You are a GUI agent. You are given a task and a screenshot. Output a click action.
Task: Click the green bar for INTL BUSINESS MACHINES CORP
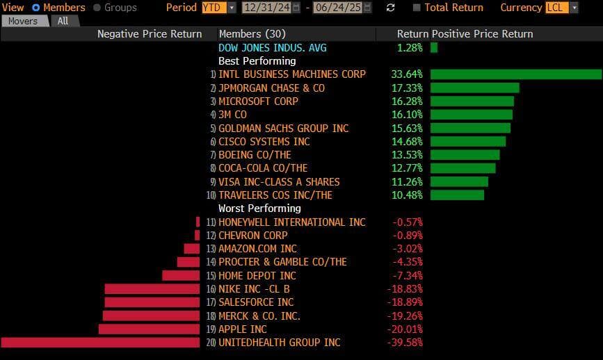515,74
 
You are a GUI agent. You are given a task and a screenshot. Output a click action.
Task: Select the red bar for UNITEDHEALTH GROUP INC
100,343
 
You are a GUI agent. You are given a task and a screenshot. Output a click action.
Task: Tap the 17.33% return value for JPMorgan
408,88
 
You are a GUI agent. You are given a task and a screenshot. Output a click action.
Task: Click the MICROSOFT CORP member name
258,101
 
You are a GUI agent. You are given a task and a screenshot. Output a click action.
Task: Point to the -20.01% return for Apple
406,329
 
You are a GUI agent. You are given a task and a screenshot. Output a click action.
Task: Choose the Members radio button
36,8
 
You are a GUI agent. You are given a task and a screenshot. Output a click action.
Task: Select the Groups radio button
97,8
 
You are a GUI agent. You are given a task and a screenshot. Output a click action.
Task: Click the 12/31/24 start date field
267,8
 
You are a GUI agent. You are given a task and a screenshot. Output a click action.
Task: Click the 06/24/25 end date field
341,8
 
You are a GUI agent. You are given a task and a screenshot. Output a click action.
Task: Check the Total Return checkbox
417,8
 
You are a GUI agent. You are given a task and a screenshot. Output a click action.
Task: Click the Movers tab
23,21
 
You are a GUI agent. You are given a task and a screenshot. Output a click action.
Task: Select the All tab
63,21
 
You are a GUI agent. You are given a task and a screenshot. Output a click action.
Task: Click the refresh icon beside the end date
391,8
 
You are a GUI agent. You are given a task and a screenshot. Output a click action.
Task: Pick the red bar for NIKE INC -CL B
152,289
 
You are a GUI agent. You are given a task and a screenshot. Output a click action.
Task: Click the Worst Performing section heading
259,208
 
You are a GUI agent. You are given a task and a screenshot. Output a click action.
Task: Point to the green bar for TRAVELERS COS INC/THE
457,195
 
